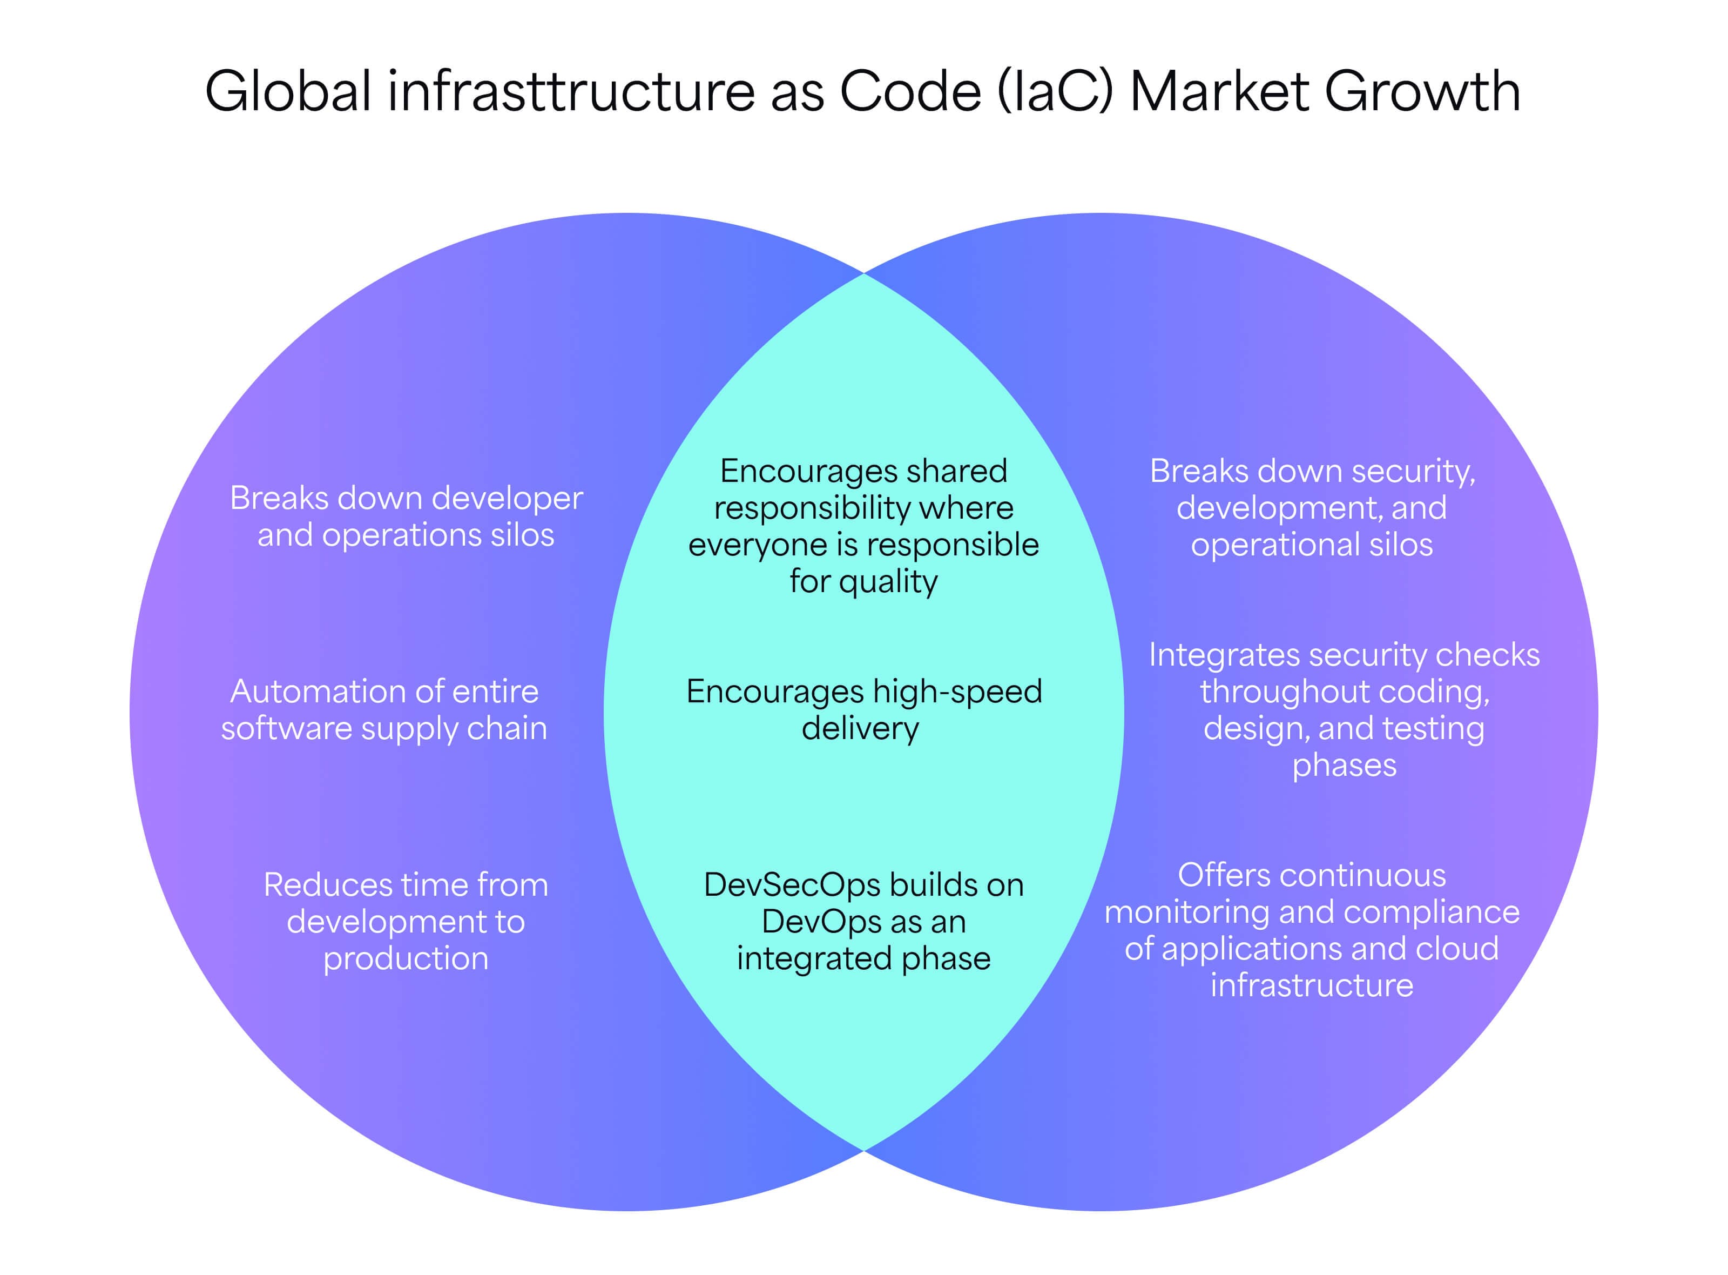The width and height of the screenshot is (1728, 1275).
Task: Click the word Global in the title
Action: coord(290,91)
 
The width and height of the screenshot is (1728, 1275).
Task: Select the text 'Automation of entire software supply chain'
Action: coord(384,710)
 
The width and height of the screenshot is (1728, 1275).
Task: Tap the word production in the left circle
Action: coord(406,958)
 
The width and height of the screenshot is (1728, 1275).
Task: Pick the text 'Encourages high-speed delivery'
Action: coord(864,710)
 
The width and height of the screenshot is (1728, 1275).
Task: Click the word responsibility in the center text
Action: coord(812,508)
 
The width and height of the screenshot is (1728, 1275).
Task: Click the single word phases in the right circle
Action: coord(1345,766)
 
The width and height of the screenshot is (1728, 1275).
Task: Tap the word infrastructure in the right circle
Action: coord(1312,985)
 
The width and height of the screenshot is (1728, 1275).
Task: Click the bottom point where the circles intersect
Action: coord(864,1151)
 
